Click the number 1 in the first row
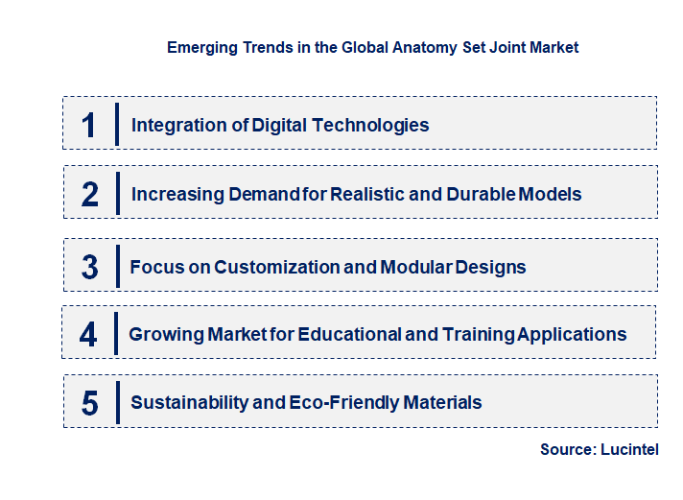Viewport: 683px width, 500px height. [x=89, y=125]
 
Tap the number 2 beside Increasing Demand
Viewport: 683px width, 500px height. [x=89, y=195]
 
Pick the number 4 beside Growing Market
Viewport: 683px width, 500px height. [x=88, y=335]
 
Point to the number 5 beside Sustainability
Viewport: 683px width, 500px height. [x=89, y=403]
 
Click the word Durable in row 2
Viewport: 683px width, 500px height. [x=480, y=194]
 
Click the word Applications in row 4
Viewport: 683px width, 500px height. [x=572, y=334]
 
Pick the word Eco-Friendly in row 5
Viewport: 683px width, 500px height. [x=337, y=402]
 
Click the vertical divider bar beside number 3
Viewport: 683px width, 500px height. [x=115, y=266]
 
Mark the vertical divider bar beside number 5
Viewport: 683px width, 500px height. [x=115, y=402]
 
